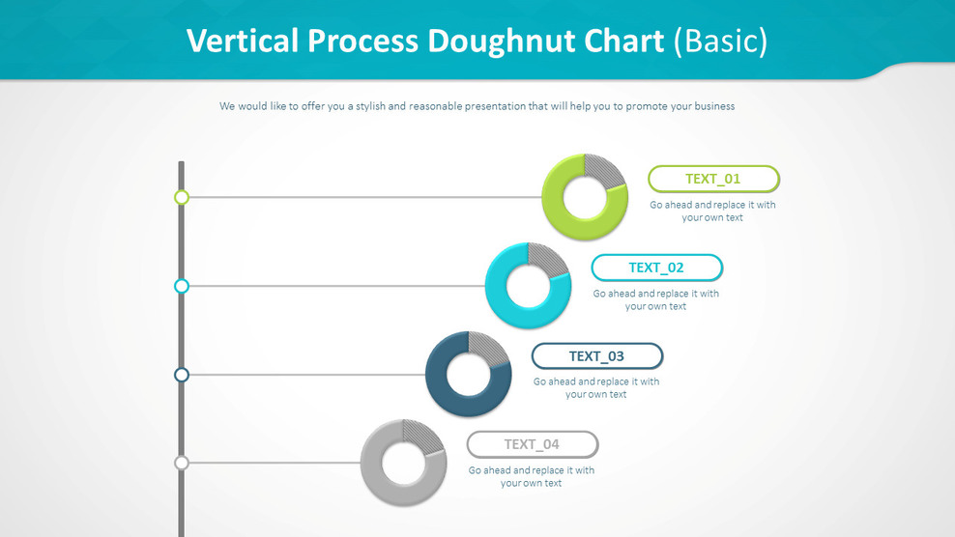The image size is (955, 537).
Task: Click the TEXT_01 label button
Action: tap(713, 179)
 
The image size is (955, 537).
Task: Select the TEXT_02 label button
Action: tap(656, 268)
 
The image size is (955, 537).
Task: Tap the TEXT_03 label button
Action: tap(596, 356)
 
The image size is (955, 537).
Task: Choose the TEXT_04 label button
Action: tap(532, 444)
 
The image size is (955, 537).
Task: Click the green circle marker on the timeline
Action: tap(181, 197)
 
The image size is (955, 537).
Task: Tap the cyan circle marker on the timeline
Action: tap(181, 286)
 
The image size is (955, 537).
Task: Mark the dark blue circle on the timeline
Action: tap(181, 375)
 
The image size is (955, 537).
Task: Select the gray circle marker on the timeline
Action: tap(181, 463)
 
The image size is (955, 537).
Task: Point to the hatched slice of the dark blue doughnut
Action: tap(488, 348)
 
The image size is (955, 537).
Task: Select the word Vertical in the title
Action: tap(242, 41)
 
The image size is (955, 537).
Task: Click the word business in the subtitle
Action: tap(710, 106)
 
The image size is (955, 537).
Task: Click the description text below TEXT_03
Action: tap(596, 387)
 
